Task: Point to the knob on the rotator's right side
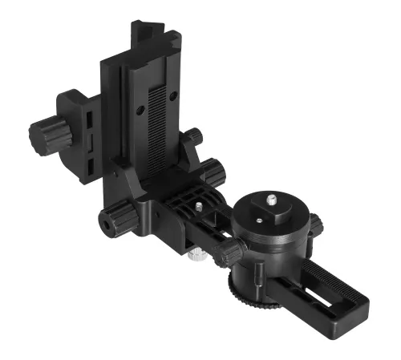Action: point(316,225)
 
